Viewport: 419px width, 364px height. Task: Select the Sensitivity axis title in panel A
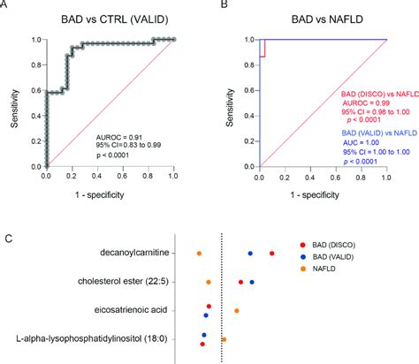tap(11, 102)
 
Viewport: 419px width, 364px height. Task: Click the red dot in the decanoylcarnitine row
tap(271, 254)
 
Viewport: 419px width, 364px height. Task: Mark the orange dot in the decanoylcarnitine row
tap(199, 254)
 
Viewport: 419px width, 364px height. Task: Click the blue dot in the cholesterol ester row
tap(253, 283)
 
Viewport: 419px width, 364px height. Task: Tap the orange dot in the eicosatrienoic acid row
tap(237, 311)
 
